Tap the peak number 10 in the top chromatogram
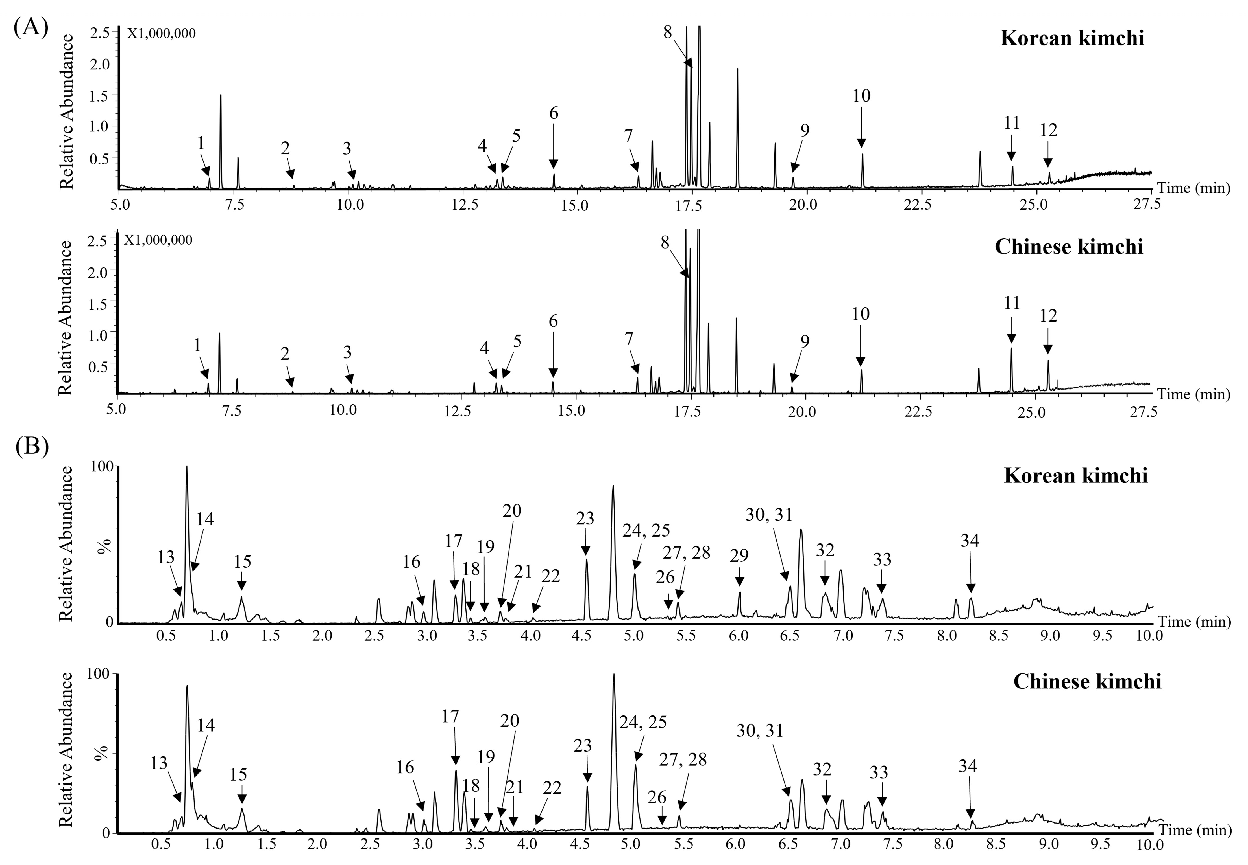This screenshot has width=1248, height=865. point(861,96)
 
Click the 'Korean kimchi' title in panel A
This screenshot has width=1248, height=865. point(1072,38)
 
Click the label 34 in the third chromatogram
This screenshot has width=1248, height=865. point(970,540)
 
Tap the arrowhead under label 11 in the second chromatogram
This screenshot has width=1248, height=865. point(1011,340)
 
